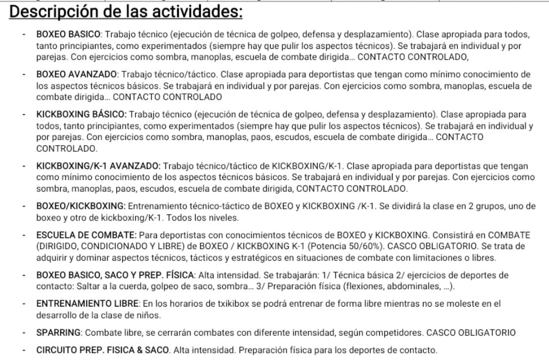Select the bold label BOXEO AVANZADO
pos(76,74)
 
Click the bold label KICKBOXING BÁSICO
pos(82,115)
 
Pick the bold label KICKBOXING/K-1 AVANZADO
pos(98,165)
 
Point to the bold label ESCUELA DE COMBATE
pos(85,235)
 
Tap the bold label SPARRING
pos(59,332)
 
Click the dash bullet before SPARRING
pos(24,332)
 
